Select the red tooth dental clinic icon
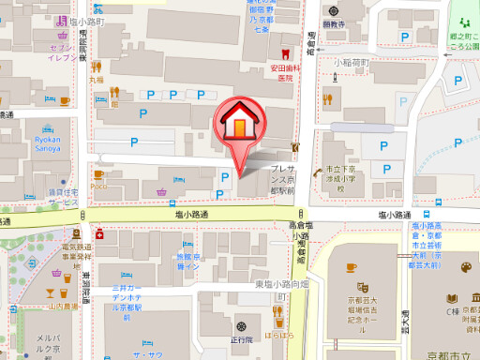pos(274,53)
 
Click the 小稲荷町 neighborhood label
pos(352,63)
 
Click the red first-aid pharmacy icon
pos(98,236)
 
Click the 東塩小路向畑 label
pos(281,283)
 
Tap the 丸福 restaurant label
pos(97,80)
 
